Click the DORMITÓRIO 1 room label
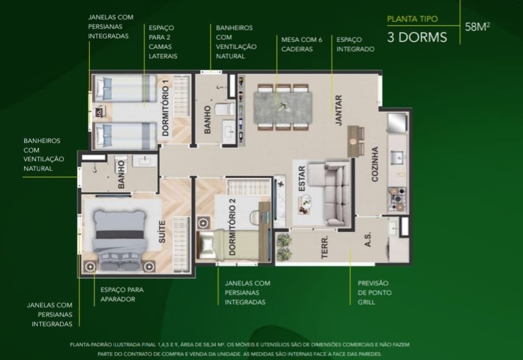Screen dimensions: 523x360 pos(165,108)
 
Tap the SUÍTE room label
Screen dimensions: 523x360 pos(162,232)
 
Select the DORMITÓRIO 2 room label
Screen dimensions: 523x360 pos(232,227)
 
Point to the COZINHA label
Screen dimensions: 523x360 pos(375,164)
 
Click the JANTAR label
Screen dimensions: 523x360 pos(339,111)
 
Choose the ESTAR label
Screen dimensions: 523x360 pos(302,179)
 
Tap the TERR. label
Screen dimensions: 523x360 pos(324,247)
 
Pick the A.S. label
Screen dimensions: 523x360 pos(368,240)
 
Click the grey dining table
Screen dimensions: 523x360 pos(283,108)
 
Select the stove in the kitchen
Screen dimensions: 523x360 pos(397,199)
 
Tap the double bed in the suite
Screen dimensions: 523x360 pos(121,239)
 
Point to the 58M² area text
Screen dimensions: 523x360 pos(477,27)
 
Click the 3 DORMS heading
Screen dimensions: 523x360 pos(417,37)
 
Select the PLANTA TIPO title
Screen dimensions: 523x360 pos(412,19)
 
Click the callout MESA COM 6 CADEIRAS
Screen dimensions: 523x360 pos(301,44)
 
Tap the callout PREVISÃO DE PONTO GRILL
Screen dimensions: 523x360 pos(375,293)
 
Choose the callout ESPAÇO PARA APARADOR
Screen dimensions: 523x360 pos(122,294)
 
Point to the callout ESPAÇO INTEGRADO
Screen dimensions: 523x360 pos(355,44)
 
